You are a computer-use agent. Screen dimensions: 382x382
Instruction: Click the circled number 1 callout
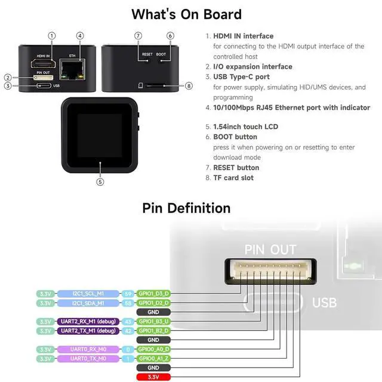[52, 36]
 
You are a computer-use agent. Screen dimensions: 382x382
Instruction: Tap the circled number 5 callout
[100, 182]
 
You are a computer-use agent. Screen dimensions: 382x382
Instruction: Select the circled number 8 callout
[189, 86]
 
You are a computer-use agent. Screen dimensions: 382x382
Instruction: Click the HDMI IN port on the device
[43, 64]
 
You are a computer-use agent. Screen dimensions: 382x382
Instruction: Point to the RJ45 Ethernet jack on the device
[73, 69]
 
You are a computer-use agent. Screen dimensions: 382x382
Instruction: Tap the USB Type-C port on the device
[44, 86]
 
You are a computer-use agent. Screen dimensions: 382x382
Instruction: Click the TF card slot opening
[155, 85]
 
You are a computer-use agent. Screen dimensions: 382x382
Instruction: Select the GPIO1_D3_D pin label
[153, 294]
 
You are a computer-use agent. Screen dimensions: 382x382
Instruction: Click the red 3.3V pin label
[153, 377]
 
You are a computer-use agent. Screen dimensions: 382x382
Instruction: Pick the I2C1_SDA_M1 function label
[88, 303]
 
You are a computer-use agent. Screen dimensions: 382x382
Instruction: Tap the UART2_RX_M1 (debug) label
[88, 322]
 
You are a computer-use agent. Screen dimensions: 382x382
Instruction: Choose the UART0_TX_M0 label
[88, 359]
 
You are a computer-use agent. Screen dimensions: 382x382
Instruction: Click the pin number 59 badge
[128, 294]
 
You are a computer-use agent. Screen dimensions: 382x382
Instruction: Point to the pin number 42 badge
[128, 331]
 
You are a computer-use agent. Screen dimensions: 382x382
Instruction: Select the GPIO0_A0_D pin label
[153, 349]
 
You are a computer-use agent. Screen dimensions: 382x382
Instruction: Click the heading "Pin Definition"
[186, 208]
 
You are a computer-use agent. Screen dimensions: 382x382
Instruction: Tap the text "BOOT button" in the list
[235, 137]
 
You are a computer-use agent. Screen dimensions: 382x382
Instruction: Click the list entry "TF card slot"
[233, 178]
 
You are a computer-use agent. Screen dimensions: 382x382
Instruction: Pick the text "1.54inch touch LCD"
[245, 127]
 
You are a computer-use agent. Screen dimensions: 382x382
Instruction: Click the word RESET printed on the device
[147, 54]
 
